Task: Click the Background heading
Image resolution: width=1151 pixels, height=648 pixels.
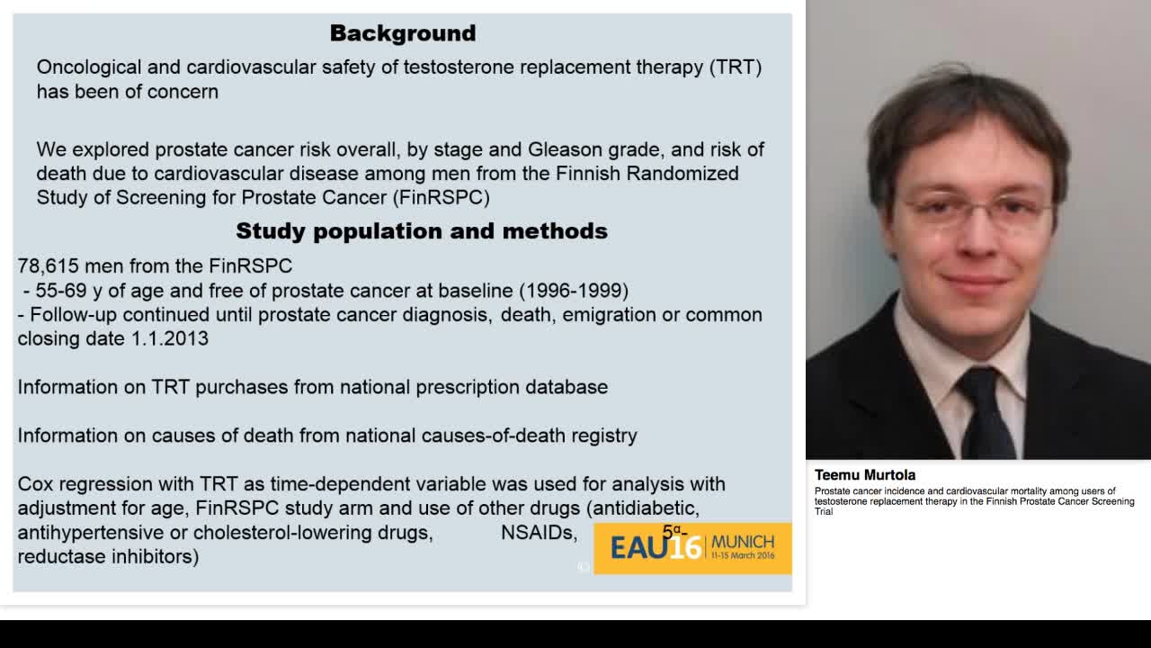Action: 402,33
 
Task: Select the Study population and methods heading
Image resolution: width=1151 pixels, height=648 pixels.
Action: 421,231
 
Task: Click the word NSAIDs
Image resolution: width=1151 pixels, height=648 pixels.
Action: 538,533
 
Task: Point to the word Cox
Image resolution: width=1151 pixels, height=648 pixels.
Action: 36,484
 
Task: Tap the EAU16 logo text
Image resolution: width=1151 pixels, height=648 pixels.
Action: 656,546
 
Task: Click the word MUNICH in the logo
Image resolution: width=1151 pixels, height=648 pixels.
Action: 742,542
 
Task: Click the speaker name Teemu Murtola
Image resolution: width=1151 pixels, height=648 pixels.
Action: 864,474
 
